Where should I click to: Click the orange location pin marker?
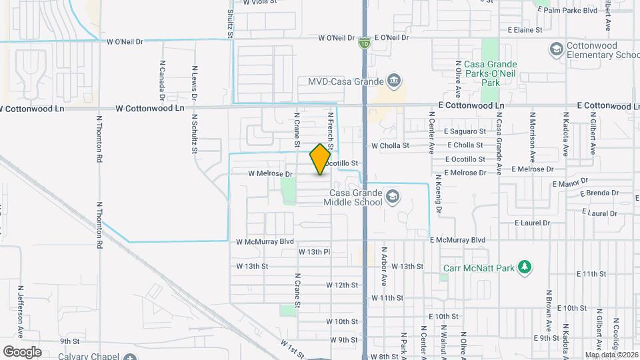click(x=321, y=159)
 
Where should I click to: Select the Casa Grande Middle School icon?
click(x=393, y=196)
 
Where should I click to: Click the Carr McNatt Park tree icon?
click(x=525, y=268)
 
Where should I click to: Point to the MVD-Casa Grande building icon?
click(x=394, y=82)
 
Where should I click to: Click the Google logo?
click(x=23, y=351)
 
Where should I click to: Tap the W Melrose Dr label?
click(x=270, y=174)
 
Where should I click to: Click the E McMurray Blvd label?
click(x=457, y=240)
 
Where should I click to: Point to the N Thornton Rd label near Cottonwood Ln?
click(x=99, y=139)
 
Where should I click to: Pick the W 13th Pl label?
click(x=314, y=252)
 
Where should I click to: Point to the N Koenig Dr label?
click(x=439, y=194)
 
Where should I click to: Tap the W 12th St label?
click(x=342, y=285)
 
